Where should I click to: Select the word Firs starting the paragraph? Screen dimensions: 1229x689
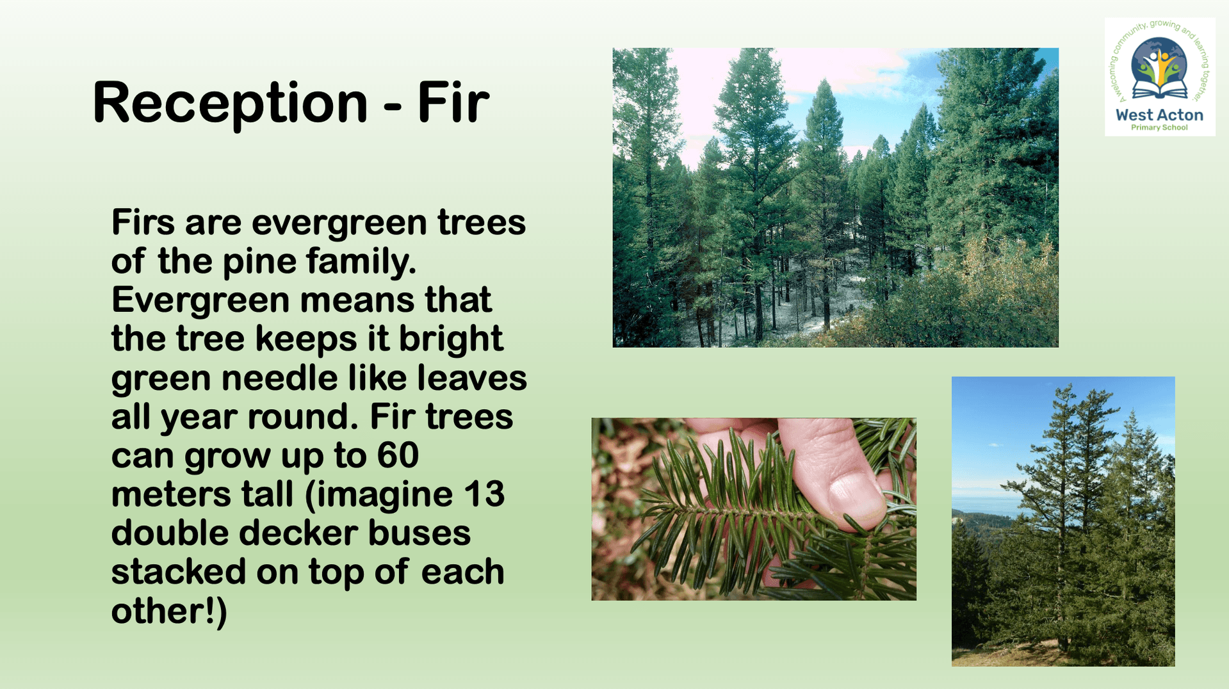143,222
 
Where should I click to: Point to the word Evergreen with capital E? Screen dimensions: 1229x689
200,301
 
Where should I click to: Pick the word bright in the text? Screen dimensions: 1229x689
451,339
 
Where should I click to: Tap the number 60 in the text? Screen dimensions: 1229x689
398,455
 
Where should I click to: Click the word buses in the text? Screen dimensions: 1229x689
419,533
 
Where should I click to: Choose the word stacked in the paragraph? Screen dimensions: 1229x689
179,572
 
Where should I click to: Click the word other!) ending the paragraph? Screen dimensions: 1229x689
169,611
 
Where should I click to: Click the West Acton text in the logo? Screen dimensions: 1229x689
1159,115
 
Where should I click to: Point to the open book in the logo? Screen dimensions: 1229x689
1159,90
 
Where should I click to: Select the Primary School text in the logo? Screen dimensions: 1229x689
1159,127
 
